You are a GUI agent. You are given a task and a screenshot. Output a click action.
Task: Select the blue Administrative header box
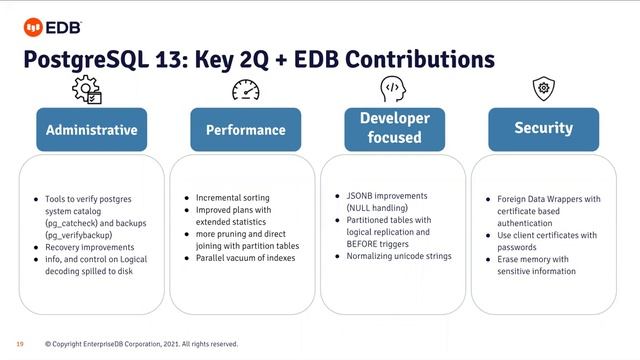[91, 130]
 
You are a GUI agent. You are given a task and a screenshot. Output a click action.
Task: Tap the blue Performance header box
[245, 130]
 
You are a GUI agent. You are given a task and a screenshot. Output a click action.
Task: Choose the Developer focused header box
[394, 127]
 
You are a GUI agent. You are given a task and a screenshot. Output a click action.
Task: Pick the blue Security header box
[543, 129]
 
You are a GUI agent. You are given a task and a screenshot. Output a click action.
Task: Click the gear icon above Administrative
[86, 91]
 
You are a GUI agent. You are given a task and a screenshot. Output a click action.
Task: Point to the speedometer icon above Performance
[245, 91]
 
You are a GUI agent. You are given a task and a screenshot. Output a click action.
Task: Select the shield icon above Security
[543, 89]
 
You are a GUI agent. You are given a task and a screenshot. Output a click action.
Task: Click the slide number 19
[19, 344]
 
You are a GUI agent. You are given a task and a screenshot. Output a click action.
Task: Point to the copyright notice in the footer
[141, 344]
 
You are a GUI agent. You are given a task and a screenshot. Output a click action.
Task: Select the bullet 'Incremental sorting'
[232, 198]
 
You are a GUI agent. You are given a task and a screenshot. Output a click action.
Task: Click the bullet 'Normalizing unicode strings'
[399, 256]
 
